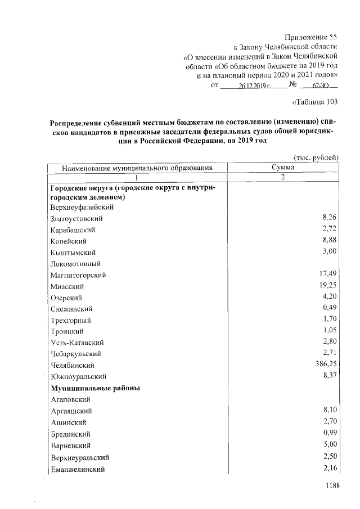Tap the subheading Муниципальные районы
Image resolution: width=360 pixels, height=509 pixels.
point(95,389)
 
